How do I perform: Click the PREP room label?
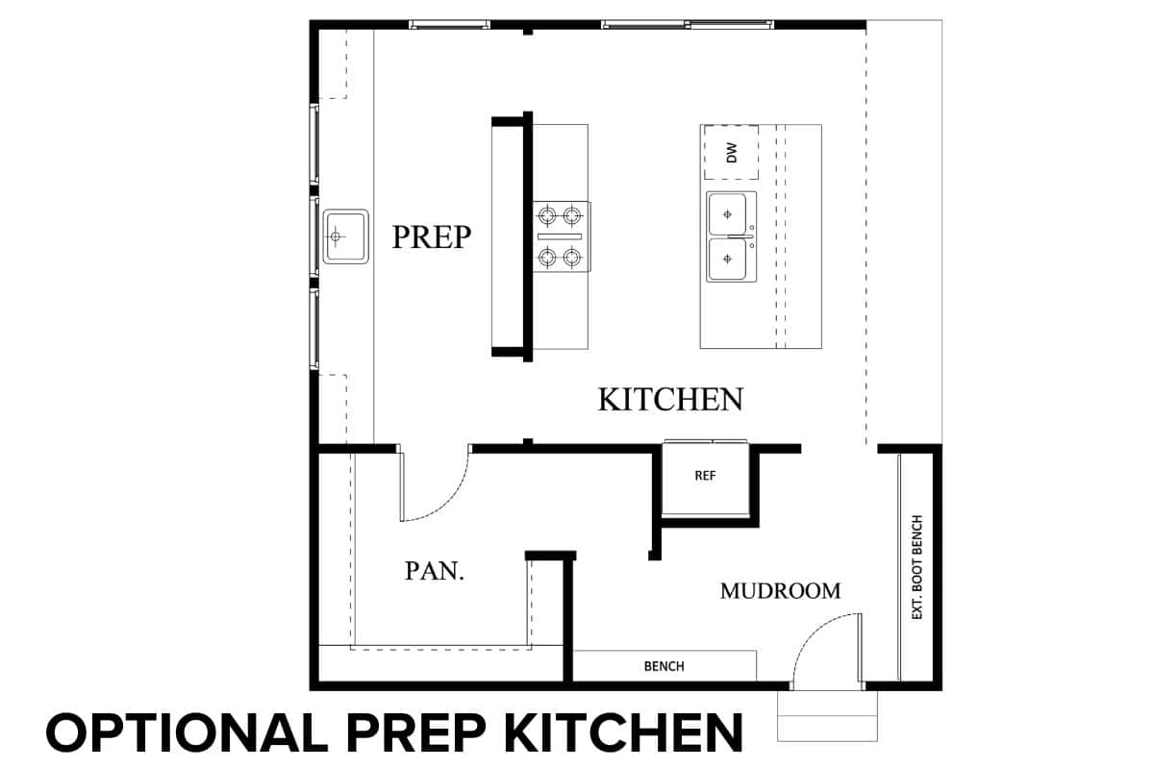[x=432, y=236]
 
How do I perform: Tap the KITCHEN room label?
[x=670, y=399]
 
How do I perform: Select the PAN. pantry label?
[x=435, y=571]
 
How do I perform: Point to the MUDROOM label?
[x=780, y=591]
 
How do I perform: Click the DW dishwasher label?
[x=732, y=153]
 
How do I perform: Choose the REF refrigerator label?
[x=705, y=476]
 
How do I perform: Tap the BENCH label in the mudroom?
[x=665, y=666]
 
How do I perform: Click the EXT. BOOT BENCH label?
[x=917, y=566]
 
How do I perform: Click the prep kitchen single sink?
[x=345, y=236]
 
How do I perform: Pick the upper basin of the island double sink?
[x=727, y=213]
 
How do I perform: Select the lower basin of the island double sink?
[x=727, y=259]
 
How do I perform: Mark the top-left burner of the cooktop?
[x=547, y=215]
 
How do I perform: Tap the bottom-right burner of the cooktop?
[x=572, y=256]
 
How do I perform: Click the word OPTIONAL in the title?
[x=187, y=732]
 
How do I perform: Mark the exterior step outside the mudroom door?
[x=827, y=716]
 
